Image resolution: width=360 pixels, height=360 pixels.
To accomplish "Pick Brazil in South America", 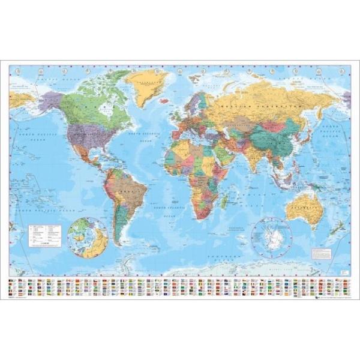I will [x=127, y=190].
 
